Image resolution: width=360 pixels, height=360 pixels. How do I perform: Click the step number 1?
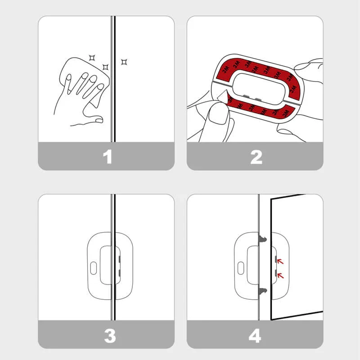pos(107,157)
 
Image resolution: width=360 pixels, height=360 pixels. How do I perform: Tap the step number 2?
pos(256,157)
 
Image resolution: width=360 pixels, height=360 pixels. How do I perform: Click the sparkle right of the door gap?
pos(124,62)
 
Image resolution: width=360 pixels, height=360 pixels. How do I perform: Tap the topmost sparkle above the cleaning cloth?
pos(92,57)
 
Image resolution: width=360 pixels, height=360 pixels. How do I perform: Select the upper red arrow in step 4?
pos(281,261)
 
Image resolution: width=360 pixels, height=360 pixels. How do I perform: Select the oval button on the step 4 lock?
pos(242,268)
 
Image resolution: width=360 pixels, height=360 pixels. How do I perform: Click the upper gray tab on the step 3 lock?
pos(119,260)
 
